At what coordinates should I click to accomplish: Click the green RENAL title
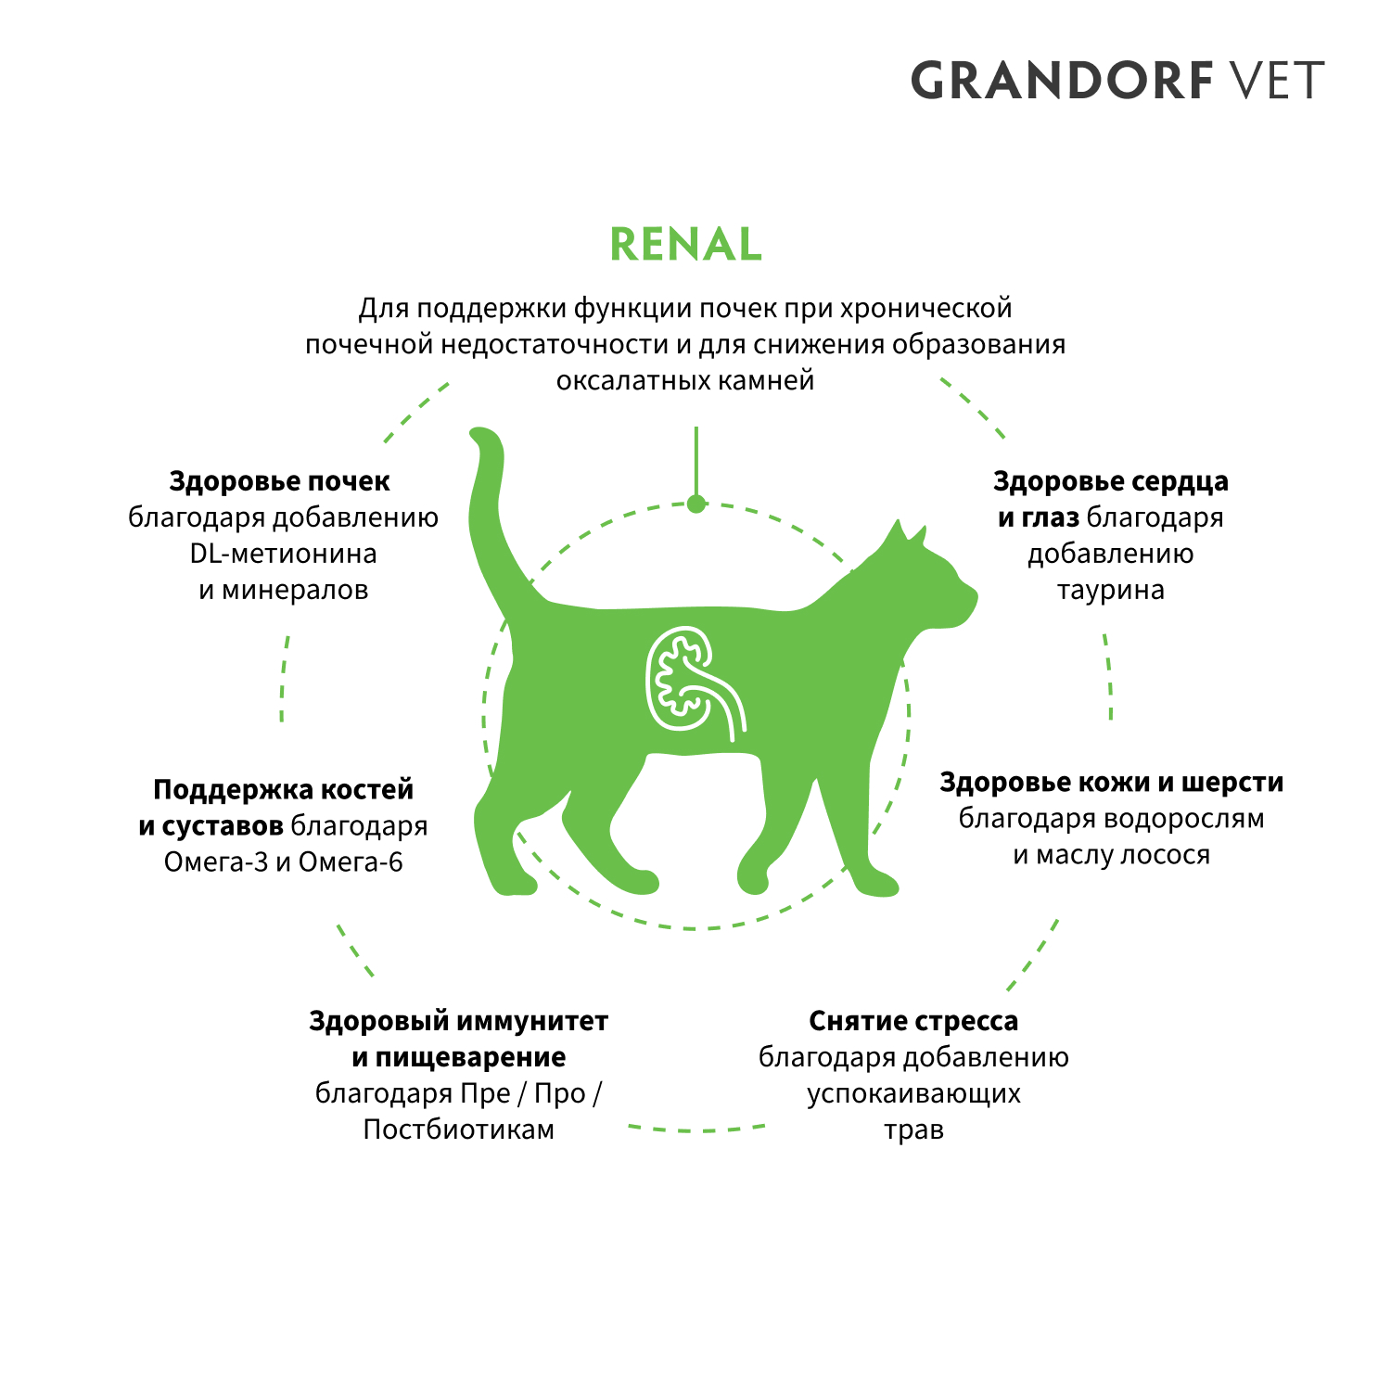[x=685, y=245]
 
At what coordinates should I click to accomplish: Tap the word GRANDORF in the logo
[x=1063, y=81]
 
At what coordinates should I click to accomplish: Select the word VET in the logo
[x=1276, y=81]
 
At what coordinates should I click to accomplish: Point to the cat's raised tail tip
[x=481, y=436]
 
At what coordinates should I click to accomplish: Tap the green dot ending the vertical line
[x=696, y=504]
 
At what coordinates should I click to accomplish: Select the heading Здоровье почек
[x=279, y=481]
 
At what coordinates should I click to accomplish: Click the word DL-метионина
[x=283, y=554]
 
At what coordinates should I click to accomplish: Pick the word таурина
[x=1110, y=590]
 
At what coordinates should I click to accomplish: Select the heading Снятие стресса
[x=913, y=1021]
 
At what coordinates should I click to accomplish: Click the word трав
[x=913, y=1130]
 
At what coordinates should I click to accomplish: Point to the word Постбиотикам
[x=458, y=1129]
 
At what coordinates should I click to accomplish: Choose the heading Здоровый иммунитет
[x=458, y=1021]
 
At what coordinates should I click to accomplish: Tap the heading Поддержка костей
[x=283, y=790]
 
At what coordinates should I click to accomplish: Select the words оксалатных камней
[x=685, y=380]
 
